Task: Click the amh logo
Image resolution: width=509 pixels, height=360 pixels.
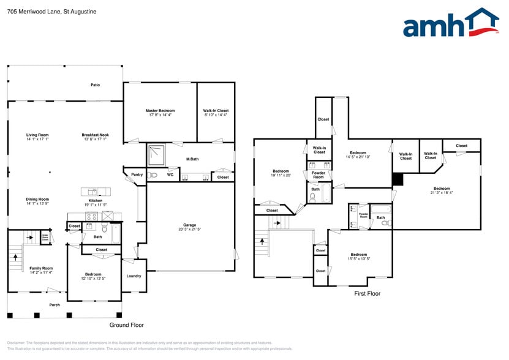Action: [x=450, y=25]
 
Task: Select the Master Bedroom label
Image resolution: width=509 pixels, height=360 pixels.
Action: [x=160, y=111]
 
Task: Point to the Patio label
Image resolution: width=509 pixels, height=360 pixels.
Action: [x=95, y=85]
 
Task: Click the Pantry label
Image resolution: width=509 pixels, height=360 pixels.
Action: [x=137, y=175]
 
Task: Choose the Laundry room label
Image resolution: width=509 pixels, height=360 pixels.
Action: [x=134, y=276]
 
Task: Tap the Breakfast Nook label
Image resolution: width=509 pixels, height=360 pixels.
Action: [x=95, y=135]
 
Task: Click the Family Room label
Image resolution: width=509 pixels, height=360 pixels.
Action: [x=41, y=268]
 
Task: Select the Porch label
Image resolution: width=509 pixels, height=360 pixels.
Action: [x=55, y=304]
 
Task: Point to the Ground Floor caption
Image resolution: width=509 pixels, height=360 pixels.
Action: [x=126, y=325]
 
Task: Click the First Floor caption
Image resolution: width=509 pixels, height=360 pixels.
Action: [x=368, y=294]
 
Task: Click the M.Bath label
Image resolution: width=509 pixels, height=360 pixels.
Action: [x=192, y=160]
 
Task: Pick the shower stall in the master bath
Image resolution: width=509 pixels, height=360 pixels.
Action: [x=157, y=155]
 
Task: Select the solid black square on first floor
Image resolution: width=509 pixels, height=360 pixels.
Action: [x=398, y=178]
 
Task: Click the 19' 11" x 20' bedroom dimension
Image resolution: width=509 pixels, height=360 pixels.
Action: [x=281, y=175]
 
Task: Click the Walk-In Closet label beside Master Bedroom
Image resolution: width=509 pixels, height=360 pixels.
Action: [x=216, y=111]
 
